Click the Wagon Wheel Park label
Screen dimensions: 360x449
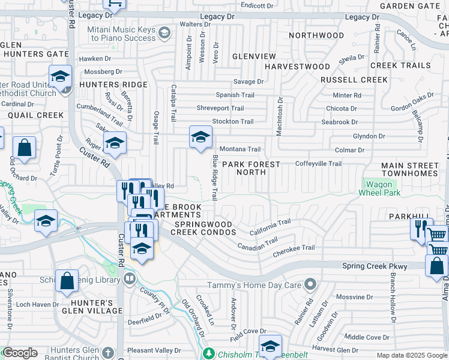pyautogui.click(x=379, y=188)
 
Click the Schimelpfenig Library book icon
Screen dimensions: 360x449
pyautogui.click(x=129, y=278)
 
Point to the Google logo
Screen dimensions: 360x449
pyautogui.click(x=20, y=353)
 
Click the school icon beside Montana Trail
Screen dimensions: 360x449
pyautogui.click(x=201, y=137)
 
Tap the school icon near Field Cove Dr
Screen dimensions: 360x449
pyautogui.click(x=271, y=345)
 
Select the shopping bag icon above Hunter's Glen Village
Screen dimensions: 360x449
pyautogui.click(x=67, y=280)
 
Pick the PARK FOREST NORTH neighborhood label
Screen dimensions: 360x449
pyautogui.click(x=252, y=168)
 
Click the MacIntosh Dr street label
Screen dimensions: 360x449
pyautogui.click(x=279, y=116)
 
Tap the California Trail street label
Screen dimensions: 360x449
pyautogui.click(x=270, y=227)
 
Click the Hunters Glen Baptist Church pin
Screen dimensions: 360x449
pyautogui.click(x=107, y=352)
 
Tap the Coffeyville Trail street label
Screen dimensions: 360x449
pyautogui.click(x=318, y=163)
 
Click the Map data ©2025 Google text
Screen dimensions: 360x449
pyautogui.click(x=411, y=355)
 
